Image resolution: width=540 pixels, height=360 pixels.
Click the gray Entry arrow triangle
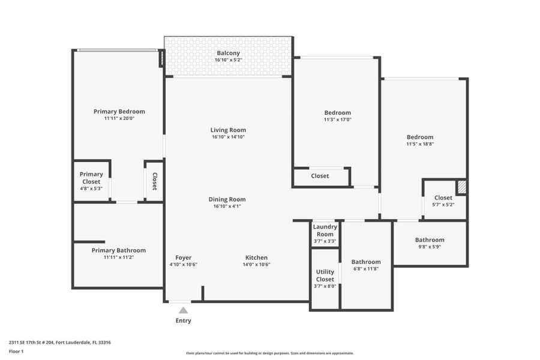click(x=183, y=310)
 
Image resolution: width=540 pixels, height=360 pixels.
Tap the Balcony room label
click(x=228, y=53)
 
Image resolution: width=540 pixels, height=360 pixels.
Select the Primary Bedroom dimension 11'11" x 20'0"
click(x=119, y=119)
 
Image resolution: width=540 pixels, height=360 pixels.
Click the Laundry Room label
click(x=325, y=230)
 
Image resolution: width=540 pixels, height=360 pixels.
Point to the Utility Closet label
click(x=325, y=275)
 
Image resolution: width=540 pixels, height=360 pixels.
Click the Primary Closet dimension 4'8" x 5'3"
click(x=91, y=188)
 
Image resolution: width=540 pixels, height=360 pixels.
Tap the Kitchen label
click(x=256, y=257)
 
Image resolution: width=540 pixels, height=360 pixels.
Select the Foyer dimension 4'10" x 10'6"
click(x=183, y=265)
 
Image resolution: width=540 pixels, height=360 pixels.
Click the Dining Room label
click(x=227, y=199)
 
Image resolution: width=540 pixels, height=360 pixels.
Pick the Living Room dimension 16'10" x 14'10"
click(x=228, y=137)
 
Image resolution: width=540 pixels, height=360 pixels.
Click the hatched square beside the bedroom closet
click(x=461, y=187)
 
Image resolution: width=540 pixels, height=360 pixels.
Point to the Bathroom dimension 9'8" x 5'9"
click(x=430, y=247)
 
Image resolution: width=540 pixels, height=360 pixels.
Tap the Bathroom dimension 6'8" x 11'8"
click(x=366, y=269)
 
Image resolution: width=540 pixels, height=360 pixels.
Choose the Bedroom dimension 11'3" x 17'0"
click(x=337, y=119)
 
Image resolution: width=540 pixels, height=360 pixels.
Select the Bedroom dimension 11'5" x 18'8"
click(x=419, y=144)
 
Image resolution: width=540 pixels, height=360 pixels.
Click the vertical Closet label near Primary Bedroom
click(x=154, y=181)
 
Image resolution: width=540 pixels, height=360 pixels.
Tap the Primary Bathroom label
click(x=118, y=250)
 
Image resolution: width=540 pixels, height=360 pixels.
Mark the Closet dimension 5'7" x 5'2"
click(x=443, y=205)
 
